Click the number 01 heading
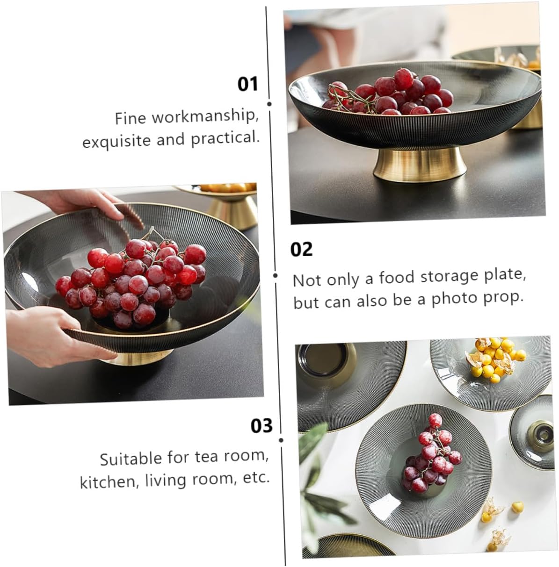pos(247,85)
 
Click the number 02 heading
pos(301,250)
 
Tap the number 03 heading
pos(261,426)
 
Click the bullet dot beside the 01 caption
pos(269,104)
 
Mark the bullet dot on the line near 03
pos(281,440)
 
